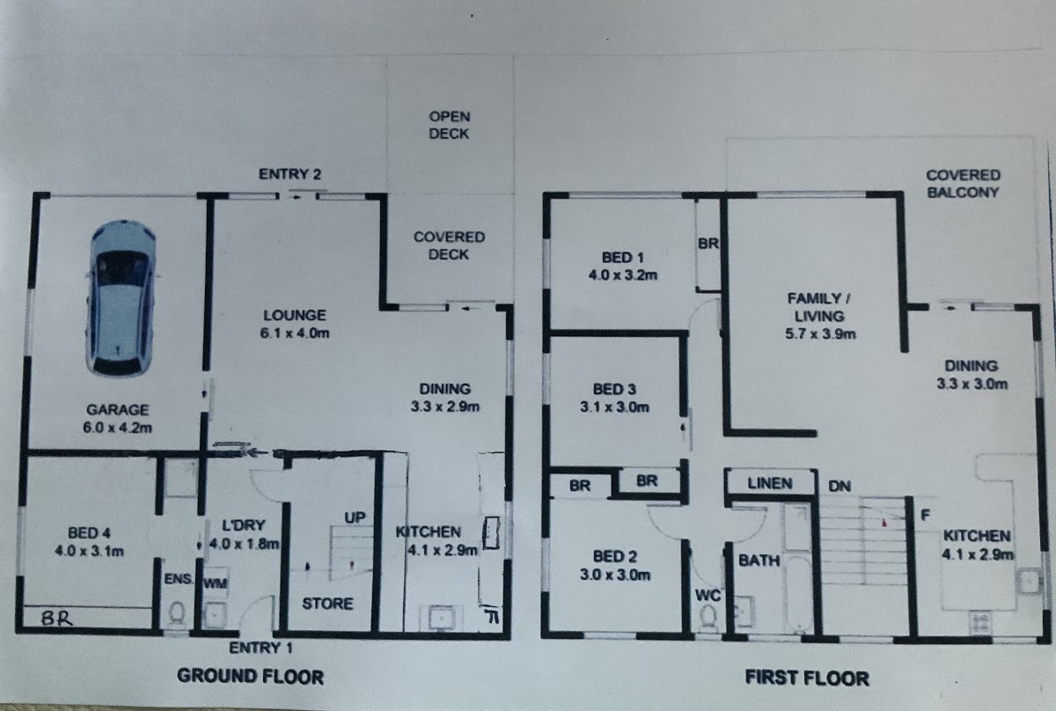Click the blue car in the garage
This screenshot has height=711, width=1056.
pyautogui.click(x=121, y=298)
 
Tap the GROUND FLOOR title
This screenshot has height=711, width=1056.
pyautogui.click(x=250, y=677)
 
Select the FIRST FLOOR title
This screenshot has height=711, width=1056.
pyautogui.click(x=807, y=678)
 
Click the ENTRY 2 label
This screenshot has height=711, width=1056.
pyautogui.click(x=290, y=174)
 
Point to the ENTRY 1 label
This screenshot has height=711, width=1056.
pyautogui.click(x=260, y=648)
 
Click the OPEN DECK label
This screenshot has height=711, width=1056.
pyautogui.click(x=449, y=125)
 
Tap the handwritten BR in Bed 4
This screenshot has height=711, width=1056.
pyautogui.click(x=56, y=618)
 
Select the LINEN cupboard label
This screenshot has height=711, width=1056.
pyautogui.click(x=770, y=483)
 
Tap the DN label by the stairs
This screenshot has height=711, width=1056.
pyautogui.click(x=840, y=486)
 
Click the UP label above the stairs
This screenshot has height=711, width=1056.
pyautogui.click(x=355, y=517)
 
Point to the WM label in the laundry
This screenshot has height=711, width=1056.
pyautogui.click(x=216, y=583)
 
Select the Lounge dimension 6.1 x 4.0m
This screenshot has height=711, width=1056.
pyautogui.click(x=295, y=333)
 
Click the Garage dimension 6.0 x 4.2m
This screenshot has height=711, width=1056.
pyautogui.click(x=117, y=428)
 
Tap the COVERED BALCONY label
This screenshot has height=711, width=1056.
pyautogui.click(x=963, y=184)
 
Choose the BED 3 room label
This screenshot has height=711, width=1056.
pyautogui.click(x=614, y=389)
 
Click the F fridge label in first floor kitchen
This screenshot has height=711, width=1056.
pyautogui.click(x=926, y=516)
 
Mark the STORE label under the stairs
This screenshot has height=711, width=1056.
pyautogui.click(x=327, y=604)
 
